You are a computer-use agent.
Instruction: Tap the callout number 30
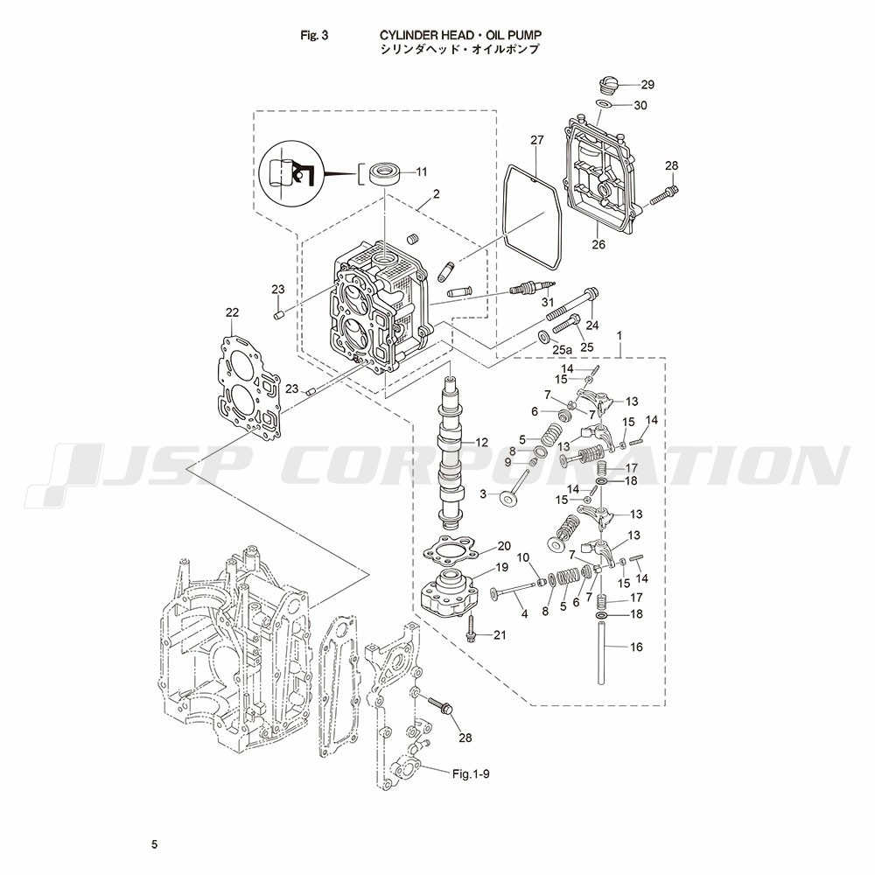pos(640,105)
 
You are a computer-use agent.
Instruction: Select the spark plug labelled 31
pos(532,288)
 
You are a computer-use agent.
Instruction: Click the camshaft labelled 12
pos(451,455)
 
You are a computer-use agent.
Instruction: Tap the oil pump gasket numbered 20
pos(448,551)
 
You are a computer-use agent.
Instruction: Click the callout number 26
pos(598,244)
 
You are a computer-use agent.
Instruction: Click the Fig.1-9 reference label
pos(471,774)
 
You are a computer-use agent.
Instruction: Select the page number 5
pos(155,844)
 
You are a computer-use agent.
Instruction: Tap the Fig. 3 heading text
pos(314,36)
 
